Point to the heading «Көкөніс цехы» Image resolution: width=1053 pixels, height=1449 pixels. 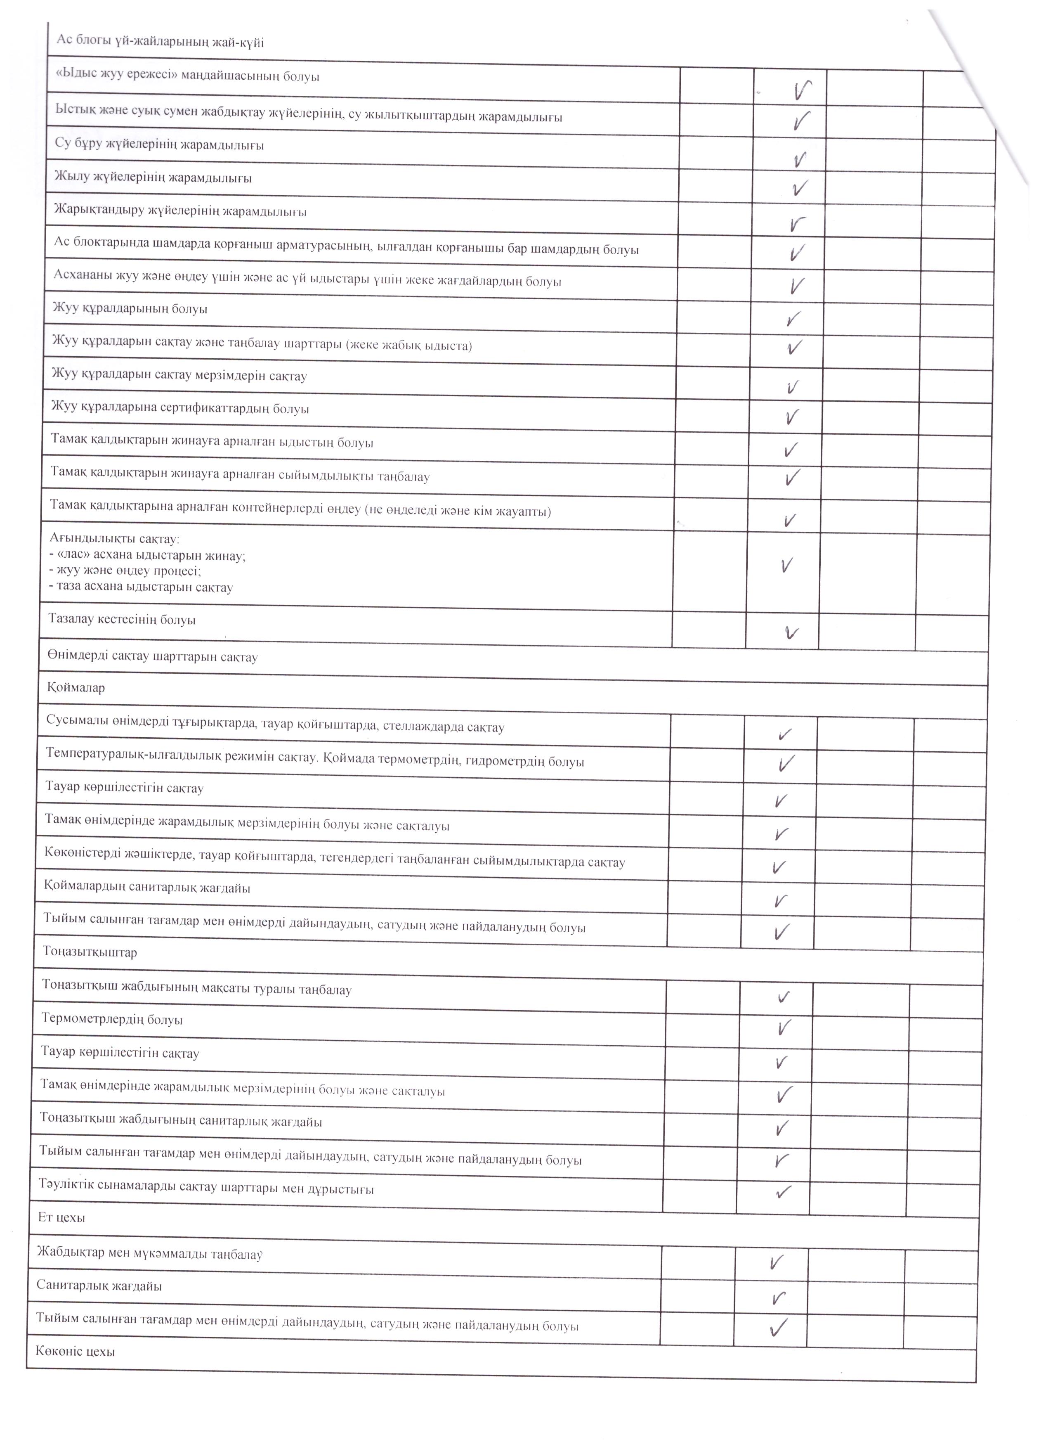[x=76, y=1352]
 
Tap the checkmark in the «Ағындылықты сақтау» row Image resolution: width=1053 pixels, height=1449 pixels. [x=788, y=565]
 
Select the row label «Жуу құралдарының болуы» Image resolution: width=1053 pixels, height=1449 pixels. [x=130, y=309]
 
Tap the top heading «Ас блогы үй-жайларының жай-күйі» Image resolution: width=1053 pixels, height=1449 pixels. [x=160, y=42]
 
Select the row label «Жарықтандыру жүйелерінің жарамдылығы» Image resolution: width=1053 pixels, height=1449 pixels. [x=180, y=211]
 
